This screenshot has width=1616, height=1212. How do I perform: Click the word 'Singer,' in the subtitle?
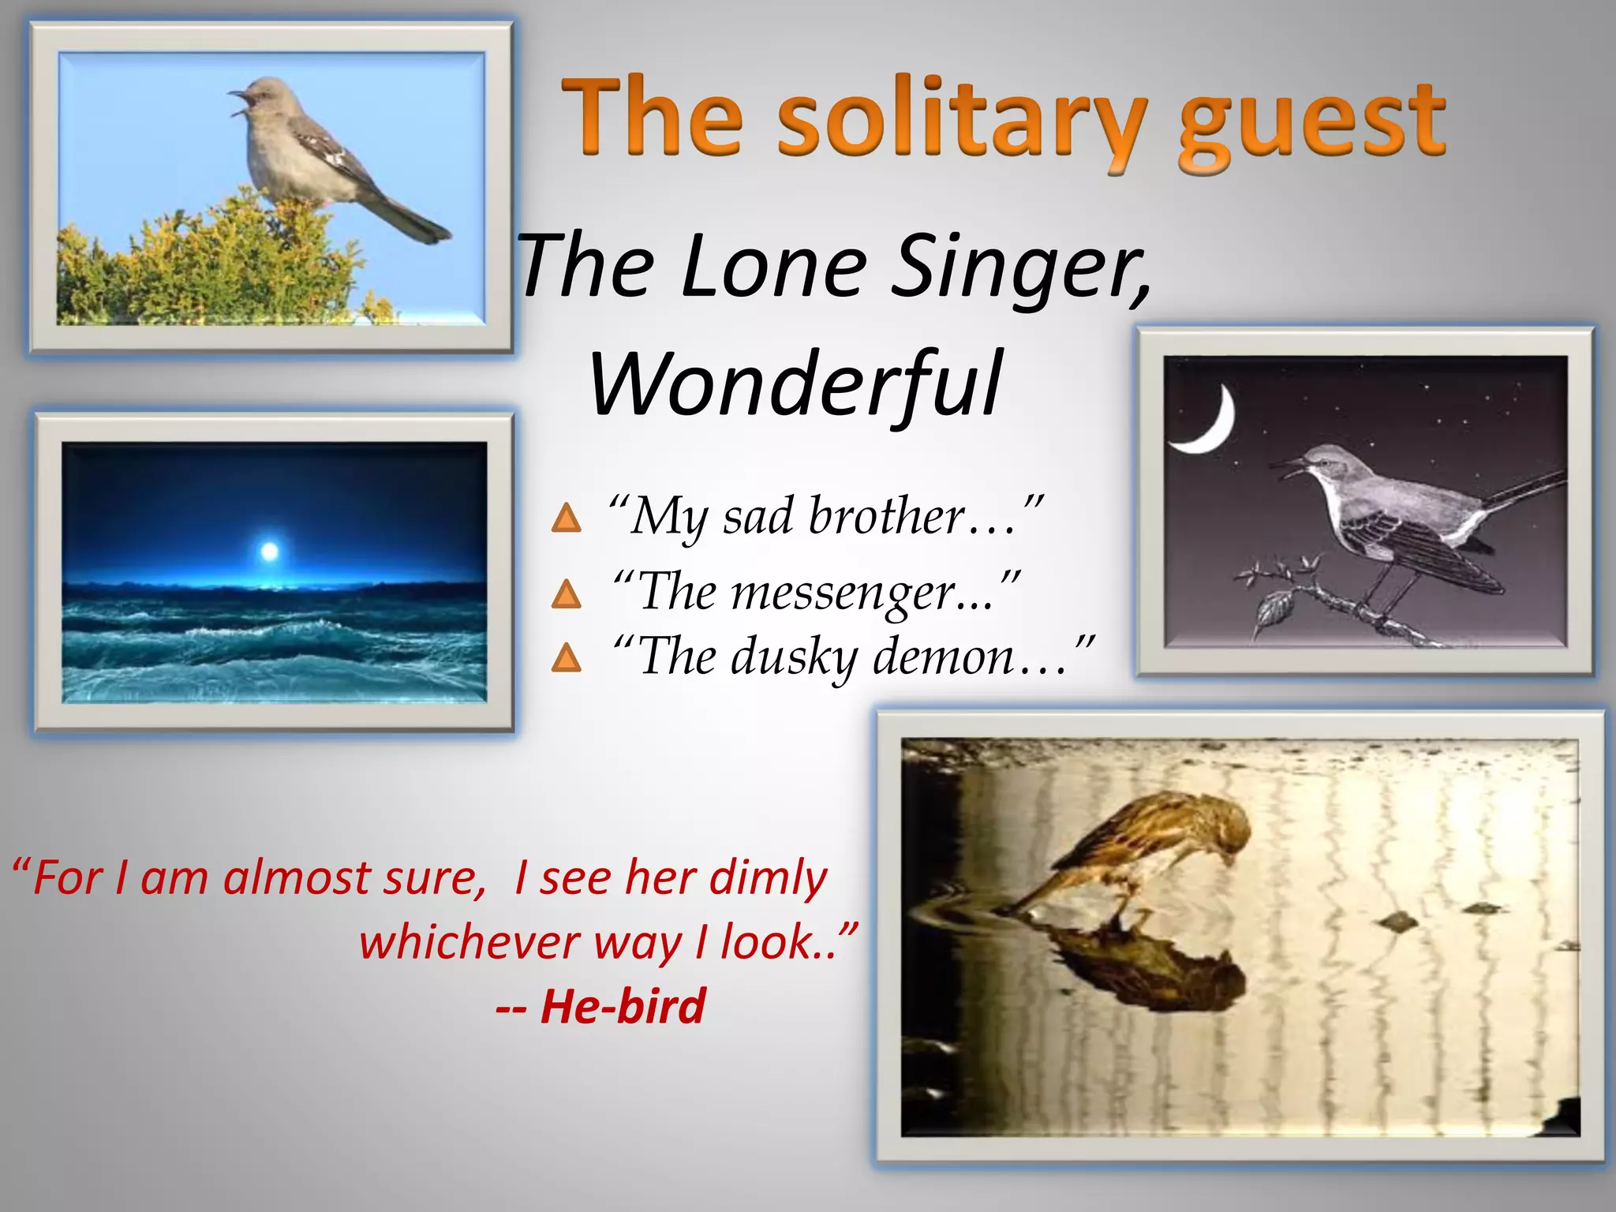pyautogui.click(x=1022, y=268)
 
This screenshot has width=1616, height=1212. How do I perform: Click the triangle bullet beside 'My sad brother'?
pyautogui.click(x=566, y=519)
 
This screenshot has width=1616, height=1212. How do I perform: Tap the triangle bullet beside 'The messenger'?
pyautogui.click(x=566, y=594)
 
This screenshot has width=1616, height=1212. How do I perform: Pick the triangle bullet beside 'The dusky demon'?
pyautogui.click(x=566, y=657)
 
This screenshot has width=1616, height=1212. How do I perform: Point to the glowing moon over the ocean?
pyautogui.click(x=269, y=551)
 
